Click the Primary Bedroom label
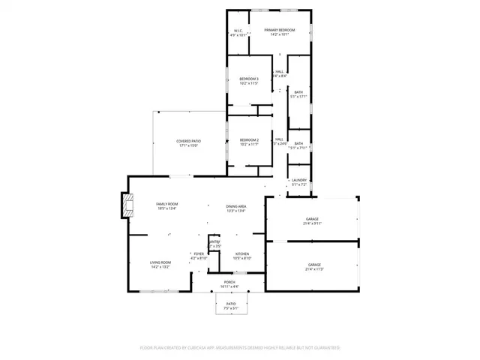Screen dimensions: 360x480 [x=279, y=31]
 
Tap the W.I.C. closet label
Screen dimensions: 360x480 [x=237, y=31]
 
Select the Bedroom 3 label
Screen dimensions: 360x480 [x=249, y=80]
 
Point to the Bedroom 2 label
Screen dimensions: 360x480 [x=249, y=141]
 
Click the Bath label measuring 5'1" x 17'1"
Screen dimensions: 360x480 [x=299, y=93]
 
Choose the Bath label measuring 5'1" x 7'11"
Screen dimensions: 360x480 [x=298, y=145]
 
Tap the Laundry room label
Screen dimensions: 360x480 [x=299, y=181]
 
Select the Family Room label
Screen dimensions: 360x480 [x=166, y=205]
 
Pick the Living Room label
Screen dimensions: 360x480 [x=160, y=263]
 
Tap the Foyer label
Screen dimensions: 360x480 [x=199, y=255]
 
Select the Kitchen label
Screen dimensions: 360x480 [x=242, y=255]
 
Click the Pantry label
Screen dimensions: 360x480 [x=214, y=241]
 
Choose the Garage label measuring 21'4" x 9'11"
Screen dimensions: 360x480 [x=312, y=220]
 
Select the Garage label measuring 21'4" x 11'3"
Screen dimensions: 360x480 [x=314, y=265]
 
